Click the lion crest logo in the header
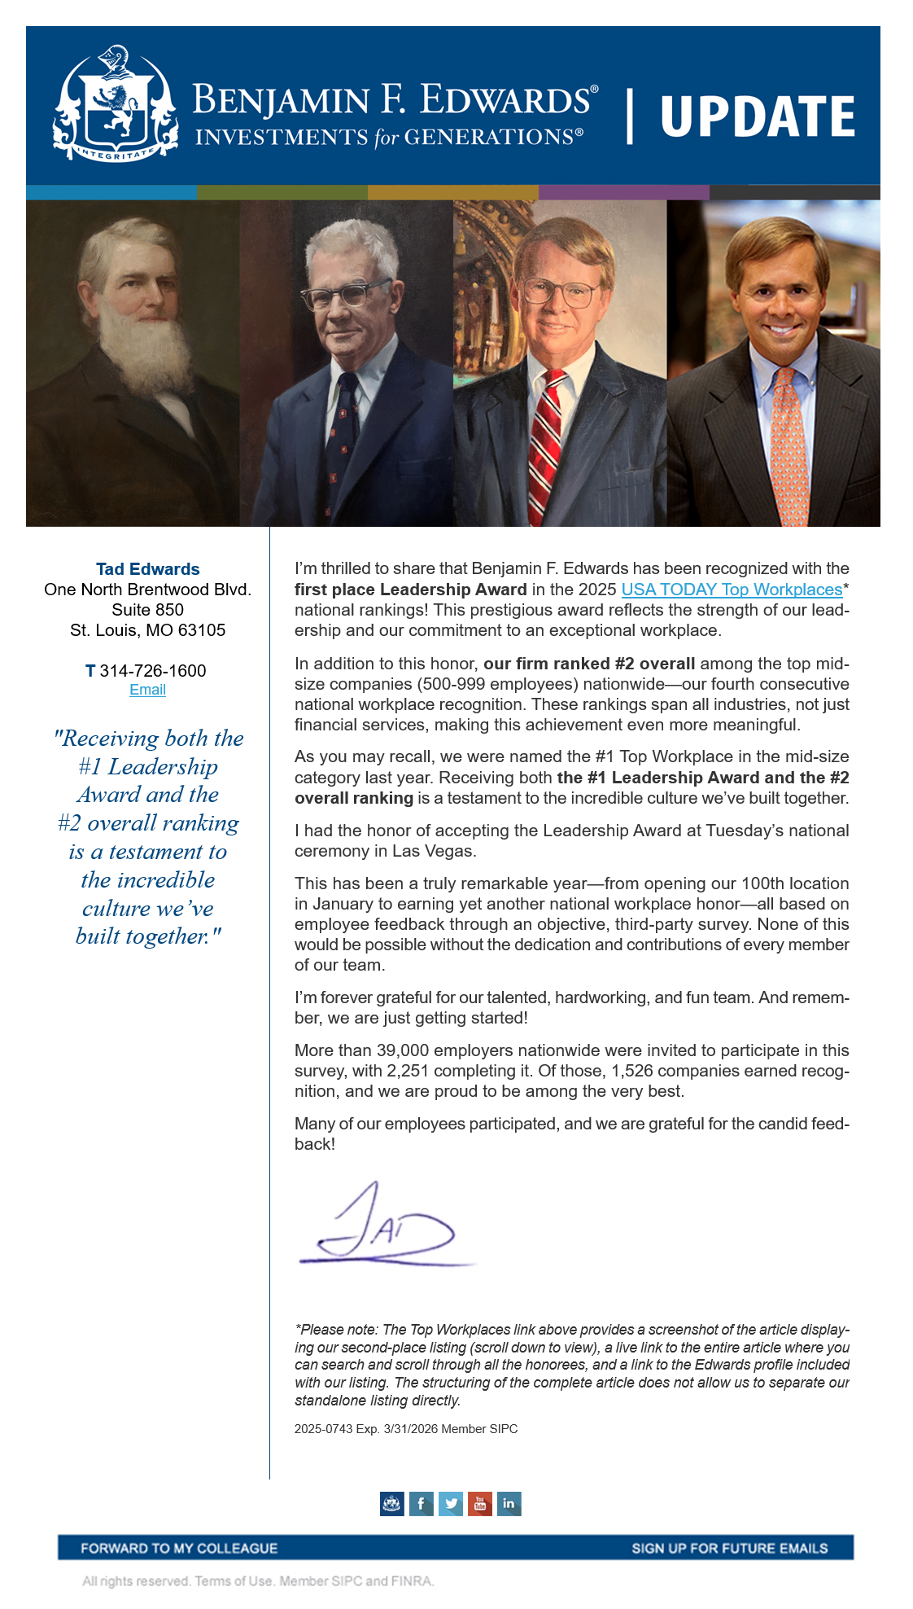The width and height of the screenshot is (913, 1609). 116,104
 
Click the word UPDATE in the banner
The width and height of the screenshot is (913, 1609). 757,116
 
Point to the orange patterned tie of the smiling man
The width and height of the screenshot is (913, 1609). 787,448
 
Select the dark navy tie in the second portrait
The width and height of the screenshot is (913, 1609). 347,440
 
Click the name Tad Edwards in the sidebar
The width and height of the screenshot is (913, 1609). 148,569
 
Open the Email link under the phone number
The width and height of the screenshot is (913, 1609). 147,690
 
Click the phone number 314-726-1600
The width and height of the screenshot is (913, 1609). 152,671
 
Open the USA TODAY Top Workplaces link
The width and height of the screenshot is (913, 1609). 732,590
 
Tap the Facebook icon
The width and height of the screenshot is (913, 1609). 421,1503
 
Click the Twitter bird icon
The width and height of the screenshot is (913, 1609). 450,1503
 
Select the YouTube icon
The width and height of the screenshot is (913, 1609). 479,1503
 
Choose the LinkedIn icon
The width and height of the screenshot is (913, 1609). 509,1503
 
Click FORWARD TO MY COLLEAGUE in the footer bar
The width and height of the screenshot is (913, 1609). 179,1548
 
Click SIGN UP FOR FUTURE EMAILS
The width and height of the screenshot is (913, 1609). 729,1548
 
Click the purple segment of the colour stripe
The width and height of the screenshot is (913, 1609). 623,193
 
